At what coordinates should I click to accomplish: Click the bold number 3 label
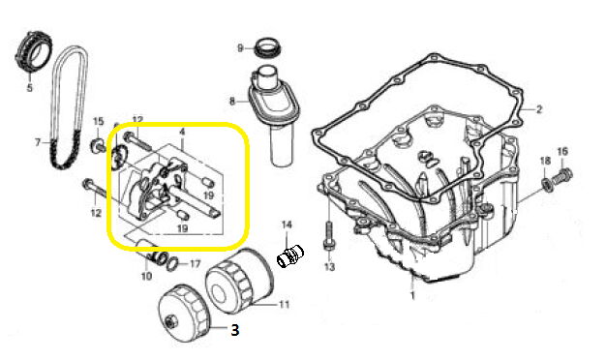(235, 330)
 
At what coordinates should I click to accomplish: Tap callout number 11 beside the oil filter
(284, 305)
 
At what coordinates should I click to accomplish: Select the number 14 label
(287, 225)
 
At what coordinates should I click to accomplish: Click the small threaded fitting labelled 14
(290, 256)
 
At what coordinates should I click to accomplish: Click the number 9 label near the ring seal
(240, 48)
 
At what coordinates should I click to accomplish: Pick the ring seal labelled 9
(268, 47)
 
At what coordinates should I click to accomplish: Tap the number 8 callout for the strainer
(232, 102)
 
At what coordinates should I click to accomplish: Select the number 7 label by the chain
(38, 143)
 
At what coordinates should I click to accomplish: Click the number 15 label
(99, 122)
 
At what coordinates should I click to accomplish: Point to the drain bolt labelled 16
(562, 175)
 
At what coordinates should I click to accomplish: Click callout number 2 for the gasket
(539, 109)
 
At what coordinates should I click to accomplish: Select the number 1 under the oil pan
(412, 296)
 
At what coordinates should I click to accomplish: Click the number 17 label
(196, 264)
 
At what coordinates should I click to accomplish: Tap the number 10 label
(146, 276)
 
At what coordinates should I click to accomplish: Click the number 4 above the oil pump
(182, 133)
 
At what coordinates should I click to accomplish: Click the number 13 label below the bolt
(329, 267)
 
